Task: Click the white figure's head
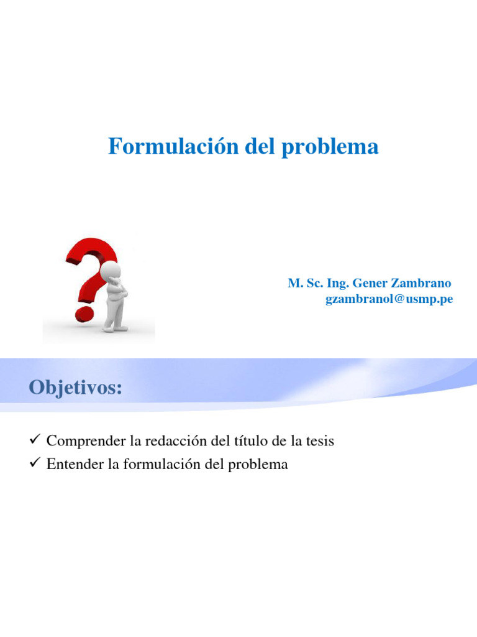click(x=110, y=272)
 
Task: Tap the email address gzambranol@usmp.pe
click(x=389, y=299)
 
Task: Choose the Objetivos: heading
click(x=75, y=388)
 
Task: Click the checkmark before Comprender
click(x=35, y=441)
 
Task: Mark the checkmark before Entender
click(x=35, y=464)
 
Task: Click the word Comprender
click(x=86, y=442)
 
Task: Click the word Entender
click(x=75, y=464)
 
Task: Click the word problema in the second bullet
click(x=260, y=465)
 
